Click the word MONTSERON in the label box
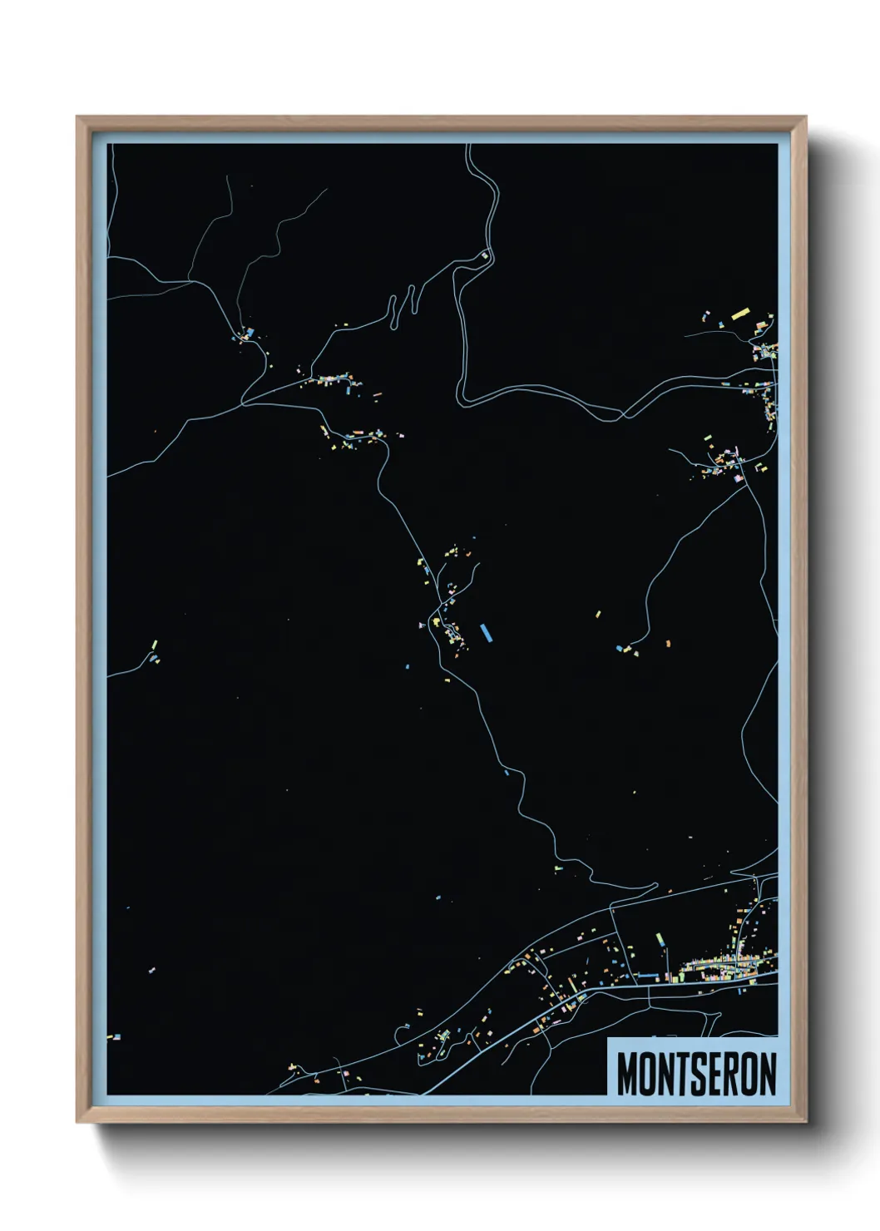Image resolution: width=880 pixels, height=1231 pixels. tap(696, 1075)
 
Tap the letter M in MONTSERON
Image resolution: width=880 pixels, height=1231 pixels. tap(625, 1075)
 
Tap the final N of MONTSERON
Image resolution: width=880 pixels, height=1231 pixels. tap(767, 1075)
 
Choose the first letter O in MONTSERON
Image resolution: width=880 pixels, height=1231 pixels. tap(645, 1075)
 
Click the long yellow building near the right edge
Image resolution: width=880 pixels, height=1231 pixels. tap(740, 314)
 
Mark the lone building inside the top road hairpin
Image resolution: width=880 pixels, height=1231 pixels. tap(485, 255)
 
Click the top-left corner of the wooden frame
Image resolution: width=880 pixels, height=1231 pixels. tap(78, 118)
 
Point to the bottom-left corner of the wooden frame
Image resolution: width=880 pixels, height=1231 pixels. tap(78, 1120)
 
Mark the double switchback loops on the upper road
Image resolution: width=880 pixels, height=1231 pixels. tap(401, 305)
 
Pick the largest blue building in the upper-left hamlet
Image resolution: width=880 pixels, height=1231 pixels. tap(249, 334)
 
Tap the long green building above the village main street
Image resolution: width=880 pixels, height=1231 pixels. tap(662, 940)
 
